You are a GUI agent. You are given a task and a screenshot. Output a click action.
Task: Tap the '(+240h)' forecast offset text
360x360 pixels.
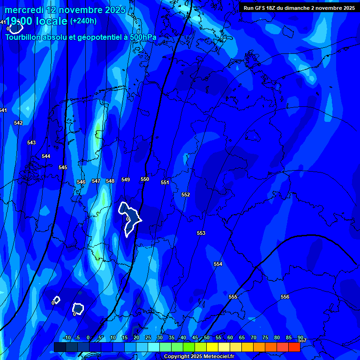click(x=83, y=21)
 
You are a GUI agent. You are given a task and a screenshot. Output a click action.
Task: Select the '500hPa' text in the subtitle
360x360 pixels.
click(x=141, y=37)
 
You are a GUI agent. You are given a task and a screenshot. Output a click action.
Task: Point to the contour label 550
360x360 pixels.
click(x=145, y=179)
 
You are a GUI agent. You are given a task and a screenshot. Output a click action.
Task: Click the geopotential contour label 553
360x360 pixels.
click(x=201, y=233)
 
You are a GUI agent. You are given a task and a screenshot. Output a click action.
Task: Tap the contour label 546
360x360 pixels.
click(x=81, y=182)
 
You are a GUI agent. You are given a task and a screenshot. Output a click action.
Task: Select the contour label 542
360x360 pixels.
click(x=18, y=123)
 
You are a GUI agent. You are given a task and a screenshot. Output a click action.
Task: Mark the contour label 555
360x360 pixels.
click(x=233, y=297)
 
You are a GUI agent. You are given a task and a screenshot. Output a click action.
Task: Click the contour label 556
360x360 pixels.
click(x=285, y=297)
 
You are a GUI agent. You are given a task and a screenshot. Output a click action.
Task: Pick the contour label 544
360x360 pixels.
click(x=46, y=156)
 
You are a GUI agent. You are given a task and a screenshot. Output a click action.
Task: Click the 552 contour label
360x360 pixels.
click(x=186, y=195)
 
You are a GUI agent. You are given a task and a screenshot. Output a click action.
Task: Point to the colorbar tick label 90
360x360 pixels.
click(x=300, y=337)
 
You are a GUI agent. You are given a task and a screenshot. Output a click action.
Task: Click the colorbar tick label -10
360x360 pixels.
click(x=67, y=337)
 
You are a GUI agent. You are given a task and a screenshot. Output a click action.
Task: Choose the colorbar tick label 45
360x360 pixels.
click(x=195, y=337)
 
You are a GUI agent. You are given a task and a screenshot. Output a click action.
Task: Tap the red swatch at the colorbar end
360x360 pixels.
click(x=294, y=347)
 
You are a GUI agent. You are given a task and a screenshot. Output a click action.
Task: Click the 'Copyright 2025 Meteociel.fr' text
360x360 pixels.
click(x=199, y=357)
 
